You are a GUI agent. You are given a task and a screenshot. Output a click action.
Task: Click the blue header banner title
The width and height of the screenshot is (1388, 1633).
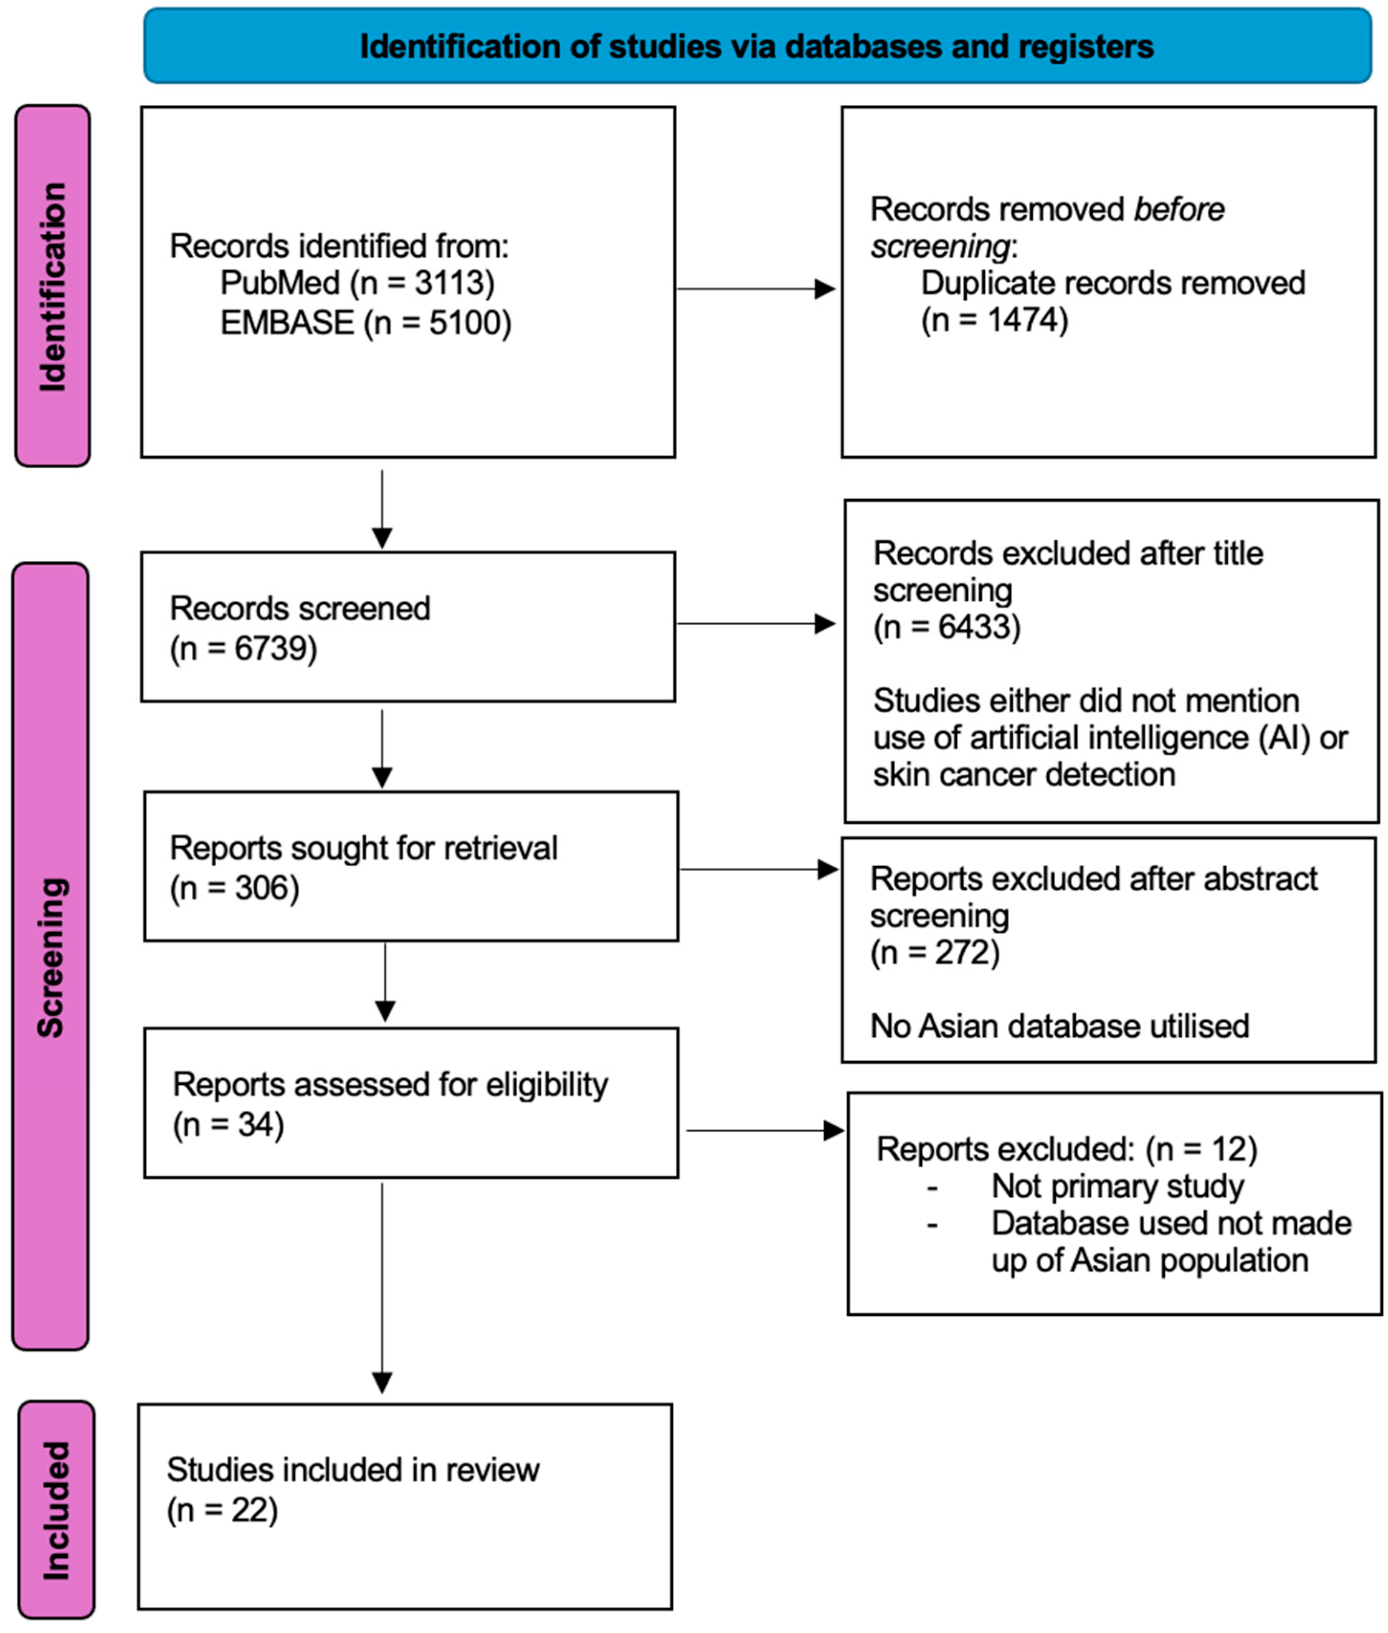click(x=756, y=46)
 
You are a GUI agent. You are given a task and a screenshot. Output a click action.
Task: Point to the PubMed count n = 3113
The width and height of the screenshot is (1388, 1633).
click(x=423, y=283)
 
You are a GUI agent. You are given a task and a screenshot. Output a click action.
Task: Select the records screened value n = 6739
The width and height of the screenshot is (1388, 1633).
click(x=243, y=649)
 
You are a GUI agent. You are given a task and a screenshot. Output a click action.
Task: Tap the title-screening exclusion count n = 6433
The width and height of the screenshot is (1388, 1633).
click(x=947, y=627)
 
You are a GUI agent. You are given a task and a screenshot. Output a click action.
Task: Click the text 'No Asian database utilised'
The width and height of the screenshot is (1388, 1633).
click(x=1059, y=1026)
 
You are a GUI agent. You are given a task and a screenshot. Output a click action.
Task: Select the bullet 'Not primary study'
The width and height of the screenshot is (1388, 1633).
click(x=1117, y=1186)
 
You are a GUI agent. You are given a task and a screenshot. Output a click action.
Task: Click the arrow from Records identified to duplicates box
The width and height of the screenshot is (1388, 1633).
click(x=755, y=289)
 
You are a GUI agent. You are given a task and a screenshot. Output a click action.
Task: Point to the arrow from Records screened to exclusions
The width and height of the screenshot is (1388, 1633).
click(x=755, y=624)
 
